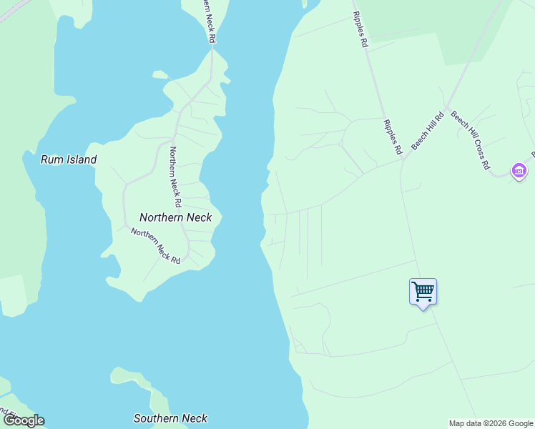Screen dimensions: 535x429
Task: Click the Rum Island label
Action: (69, 160)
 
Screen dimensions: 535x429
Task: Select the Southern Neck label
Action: (171, 418)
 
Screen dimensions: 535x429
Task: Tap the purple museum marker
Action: (519, 171)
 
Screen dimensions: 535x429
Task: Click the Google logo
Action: (24, 420)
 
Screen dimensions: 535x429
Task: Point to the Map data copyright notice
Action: (491, 423)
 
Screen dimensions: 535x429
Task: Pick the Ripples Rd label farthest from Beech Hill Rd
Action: (360, 30)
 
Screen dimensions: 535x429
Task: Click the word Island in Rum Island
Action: (79, 160)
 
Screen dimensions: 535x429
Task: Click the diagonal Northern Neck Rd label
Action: (155, 245)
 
